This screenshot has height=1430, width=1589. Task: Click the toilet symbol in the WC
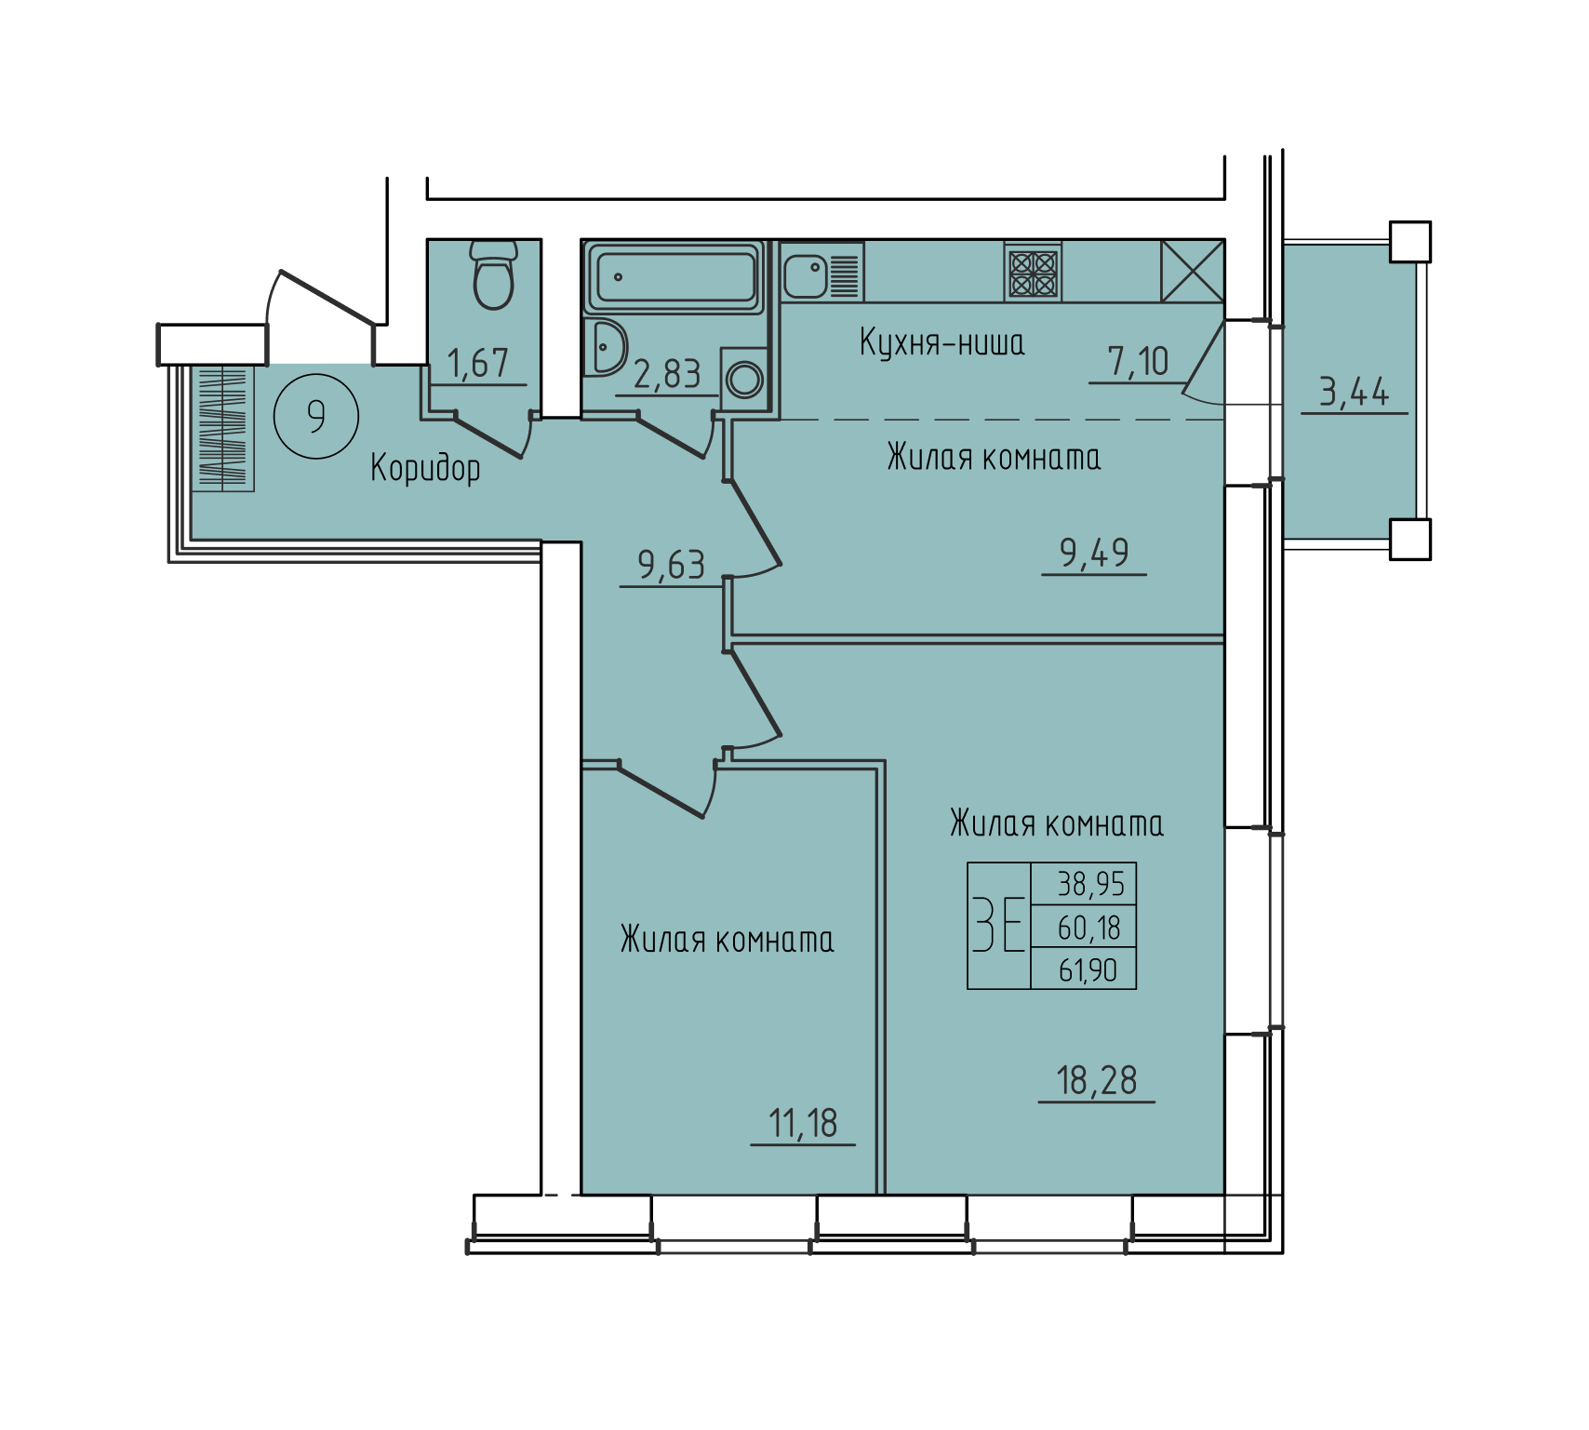click(x=493, y=274)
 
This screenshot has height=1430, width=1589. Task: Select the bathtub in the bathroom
click(x=675, y=277)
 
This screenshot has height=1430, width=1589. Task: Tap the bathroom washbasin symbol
click(x=606, y=348)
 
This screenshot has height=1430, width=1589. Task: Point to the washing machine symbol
click(x=744, y=378)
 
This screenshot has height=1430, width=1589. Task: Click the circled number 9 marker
click(x=316, y=416)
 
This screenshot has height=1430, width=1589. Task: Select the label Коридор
click(x=425, y=468)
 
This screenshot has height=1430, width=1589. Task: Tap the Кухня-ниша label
click(x=941, y=342)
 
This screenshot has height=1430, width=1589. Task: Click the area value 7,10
click(x=1138, y=361)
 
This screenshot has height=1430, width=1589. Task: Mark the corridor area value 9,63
click(x=671, y=565)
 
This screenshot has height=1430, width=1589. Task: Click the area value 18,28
click(x=1097, y=1080)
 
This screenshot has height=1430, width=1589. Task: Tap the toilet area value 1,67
click(x=478, y=363)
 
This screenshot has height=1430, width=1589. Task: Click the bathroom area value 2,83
click(x=667, y=374)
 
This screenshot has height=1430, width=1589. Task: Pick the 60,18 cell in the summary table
click(x=1088, y=928)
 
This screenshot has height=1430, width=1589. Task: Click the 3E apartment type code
click(x=999, y=924)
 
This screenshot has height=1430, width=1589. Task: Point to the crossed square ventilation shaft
click(x=1193, y=271)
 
